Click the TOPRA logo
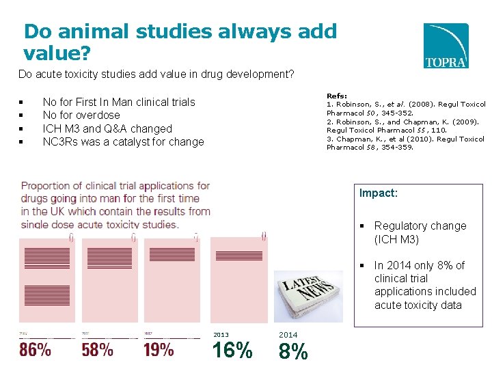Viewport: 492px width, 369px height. (446, 45)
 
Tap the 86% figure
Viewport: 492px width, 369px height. (35, 351)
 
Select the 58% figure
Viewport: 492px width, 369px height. (97, 351)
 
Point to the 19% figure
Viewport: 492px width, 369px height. (159, 351)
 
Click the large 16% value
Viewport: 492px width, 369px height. (232, 351)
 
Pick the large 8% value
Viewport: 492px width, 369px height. (293, 351)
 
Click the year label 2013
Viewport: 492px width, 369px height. (221, 335)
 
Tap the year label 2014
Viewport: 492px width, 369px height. (288, 335)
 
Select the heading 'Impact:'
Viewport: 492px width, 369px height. (378, 193)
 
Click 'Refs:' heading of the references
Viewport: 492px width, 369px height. (336, 96)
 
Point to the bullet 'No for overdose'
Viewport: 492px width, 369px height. (81, 115)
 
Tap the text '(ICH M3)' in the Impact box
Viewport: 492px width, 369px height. (396, 239)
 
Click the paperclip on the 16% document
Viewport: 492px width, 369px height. (264, 236)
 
